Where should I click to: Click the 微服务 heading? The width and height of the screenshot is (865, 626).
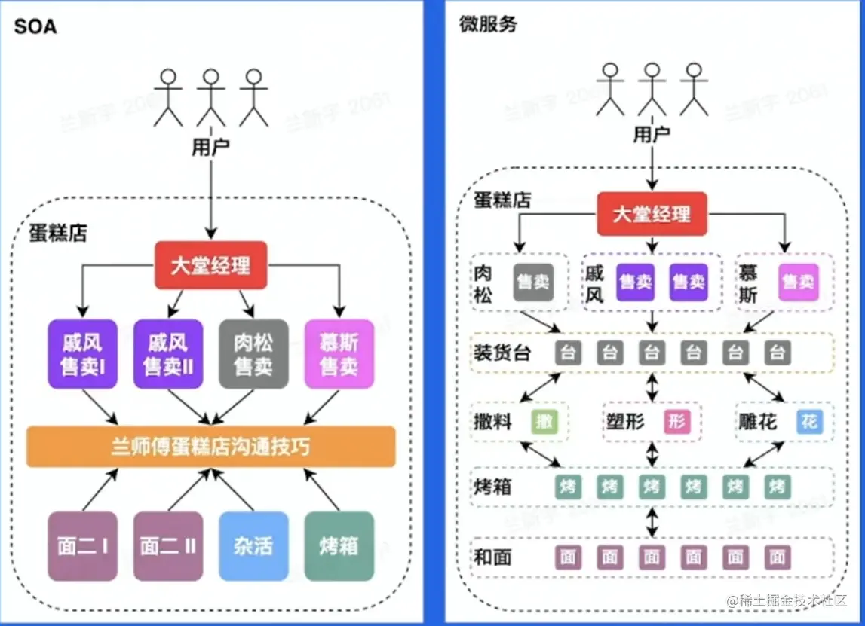click(488, 24)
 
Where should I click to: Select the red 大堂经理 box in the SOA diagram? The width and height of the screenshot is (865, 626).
click(211, 265)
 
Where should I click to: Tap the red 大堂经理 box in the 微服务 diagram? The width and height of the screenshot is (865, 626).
click(652, 214)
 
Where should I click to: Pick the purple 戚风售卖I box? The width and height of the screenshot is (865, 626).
click(82, 354)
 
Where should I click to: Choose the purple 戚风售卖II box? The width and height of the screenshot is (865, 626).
click(168, 354)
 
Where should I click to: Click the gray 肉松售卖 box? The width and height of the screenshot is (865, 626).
click(253, 354)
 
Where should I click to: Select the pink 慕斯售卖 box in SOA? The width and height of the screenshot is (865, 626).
click(339, 354)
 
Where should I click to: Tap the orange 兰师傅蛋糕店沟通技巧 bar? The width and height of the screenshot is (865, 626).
click(211, 446)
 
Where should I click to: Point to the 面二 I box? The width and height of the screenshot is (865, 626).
click(82, 546)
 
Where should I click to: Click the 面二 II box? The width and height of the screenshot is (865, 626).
click(168, 546)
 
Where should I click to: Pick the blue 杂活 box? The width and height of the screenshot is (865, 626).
click(253, 546)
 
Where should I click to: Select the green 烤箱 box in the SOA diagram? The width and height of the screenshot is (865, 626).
click(339, 546)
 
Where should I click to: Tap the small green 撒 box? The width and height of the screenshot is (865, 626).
click(545, 422)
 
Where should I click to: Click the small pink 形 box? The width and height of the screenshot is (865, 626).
click(677, 422)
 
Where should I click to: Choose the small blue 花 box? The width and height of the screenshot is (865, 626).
click(809, 422)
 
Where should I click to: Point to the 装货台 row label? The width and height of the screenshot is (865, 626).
click(502, 353)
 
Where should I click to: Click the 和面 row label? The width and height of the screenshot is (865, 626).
click(493, 557)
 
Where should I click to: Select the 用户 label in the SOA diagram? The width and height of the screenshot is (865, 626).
click(210, 147)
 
